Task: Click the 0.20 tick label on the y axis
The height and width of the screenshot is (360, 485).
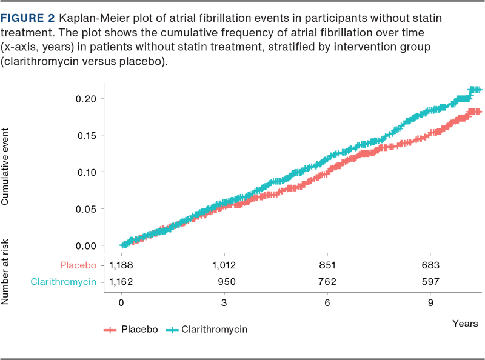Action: (x=87, y=98)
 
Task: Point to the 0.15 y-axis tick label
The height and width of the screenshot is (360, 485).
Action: (x=87, y=135)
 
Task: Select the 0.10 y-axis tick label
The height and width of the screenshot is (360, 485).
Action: (x=87, y=172)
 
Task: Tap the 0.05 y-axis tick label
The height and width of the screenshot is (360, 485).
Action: (x=87, y=208)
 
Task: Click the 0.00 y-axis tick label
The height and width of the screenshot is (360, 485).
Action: (x=87, y=245)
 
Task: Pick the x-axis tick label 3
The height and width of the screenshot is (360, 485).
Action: (x=224, y=302)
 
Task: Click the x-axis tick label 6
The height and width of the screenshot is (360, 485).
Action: (x=327, y=302)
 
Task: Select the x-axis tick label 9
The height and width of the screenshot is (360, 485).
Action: (x=430, y=302)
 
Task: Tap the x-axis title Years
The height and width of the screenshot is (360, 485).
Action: (x=465, y=324)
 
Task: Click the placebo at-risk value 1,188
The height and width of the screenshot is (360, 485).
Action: (x=121, y=265)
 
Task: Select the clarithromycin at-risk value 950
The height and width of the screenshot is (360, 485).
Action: (x=224, y=282)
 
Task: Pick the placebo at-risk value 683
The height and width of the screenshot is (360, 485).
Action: (x=430, y=265)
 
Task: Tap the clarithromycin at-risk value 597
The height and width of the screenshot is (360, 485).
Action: (x=430, y=282)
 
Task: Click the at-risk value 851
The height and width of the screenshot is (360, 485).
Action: (x=327, y=265)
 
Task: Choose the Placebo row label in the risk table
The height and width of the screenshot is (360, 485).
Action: (x=78, y=265)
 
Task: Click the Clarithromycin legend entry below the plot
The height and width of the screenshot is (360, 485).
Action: (x=209, y=329)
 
